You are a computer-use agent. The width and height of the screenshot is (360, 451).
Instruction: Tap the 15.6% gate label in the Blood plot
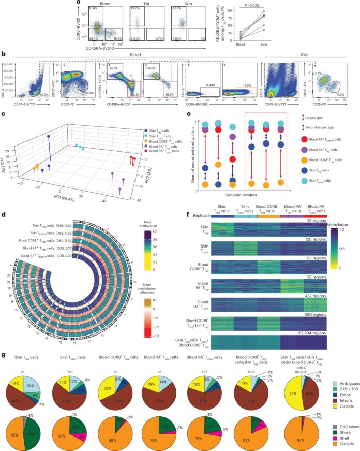(93, 9)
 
